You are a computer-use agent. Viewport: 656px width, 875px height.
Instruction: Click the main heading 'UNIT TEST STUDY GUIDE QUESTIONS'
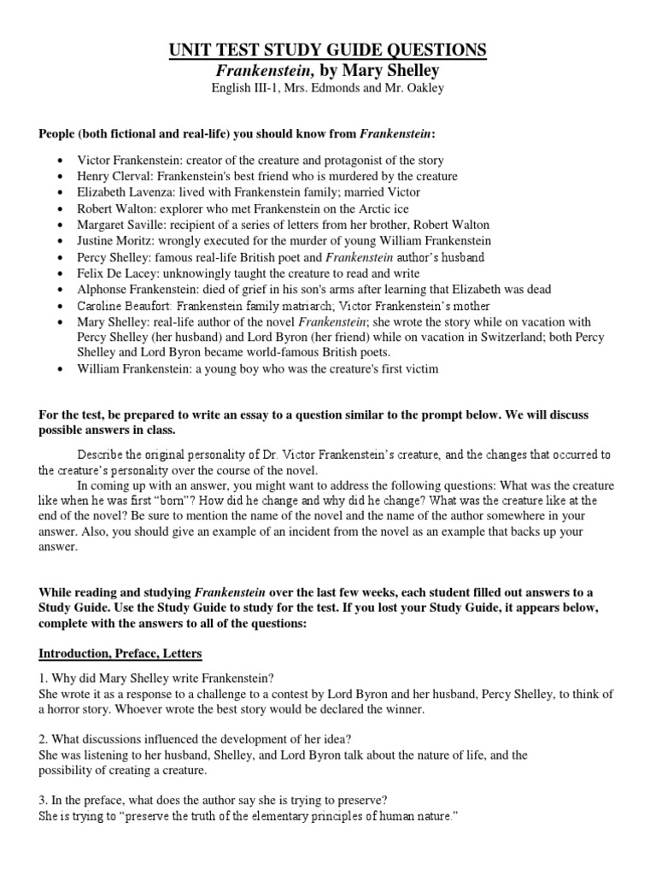328,50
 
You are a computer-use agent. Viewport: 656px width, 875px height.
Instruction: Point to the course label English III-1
243,90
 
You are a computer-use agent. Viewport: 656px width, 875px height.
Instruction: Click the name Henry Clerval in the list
114,176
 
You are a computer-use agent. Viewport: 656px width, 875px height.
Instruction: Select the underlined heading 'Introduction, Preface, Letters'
120,654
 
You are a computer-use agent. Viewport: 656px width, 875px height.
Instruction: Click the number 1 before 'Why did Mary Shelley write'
42,677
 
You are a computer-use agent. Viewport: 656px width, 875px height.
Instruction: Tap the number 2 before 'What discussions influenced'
42,739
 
